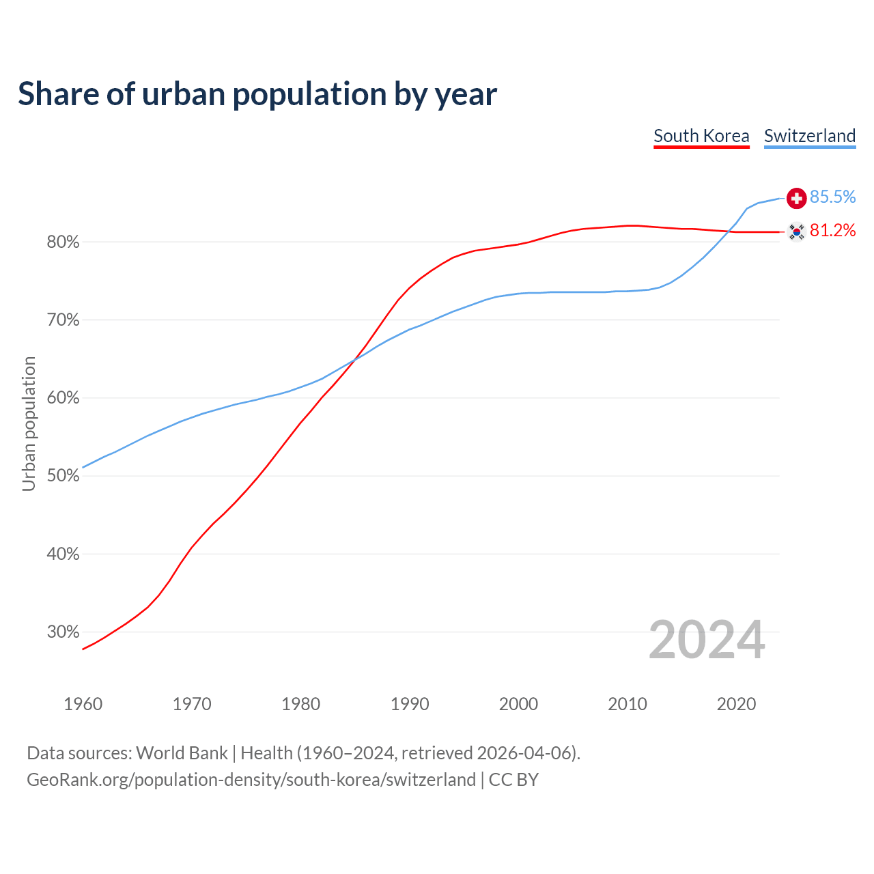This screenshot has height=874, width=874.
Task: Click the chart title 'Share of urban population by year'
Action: point(257,94)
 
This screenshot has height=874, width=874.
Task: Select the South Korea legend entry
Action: point(701,136)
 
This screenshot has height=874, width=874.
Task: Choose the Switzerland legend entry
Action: point(809,136)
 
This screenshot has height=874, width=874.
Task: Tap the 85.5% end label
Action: point(832,197)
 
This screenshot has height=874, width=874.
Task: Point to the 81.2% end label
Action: point(832,231)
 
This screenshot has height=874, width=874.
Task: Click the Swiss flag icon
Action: point(796,198)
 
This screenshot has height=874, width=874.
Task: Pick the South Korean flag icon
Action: point(796,231)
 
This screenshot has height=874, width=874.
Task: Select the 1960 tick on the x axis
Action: point(83,704)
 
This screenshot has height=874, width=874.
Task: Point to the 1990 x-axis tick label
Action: point(410,704)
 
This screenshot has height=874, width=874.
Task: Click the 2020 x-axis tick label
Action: point(736,704)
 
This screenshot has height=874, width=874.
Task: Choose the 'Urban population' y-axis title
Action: point(29,423)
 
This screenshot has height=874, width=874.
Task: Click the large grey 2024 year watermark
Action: point(707,640)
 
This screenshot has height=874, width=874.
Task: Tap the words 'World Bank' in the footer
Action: point(182,753)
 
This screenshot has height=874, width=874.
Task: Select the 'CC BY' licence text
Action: point(513,780)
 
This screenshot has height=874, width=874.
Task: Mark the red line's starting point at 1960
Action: point(83,649)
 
